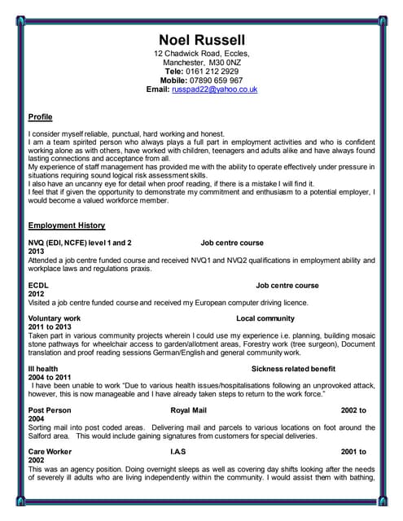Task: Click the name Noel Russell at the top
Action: [201, 40]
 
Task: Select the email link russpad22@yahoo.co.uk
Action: [214, 90]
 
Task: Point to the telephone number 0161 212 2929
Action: [212, 72]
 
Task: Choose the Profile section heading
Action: [41, 116]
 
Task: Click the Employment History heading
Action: [66, 225]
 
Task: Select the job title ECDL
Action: [38, 286]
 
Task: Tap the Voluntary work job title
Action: [54, 318]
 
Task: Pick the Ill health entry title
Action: [42, 369]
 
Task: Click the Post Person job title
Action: [49, 410]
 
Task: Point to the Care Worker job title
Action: [50, 452]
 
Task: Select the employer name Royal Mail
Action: [188, 410]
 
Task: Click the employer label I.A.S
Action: [178, 452]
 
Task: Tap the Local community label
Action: [265, 318]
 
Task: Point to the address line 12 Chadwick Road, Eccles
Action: [202, 54]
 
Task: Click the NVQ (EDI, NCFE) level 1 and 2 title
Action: [80, 243]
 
